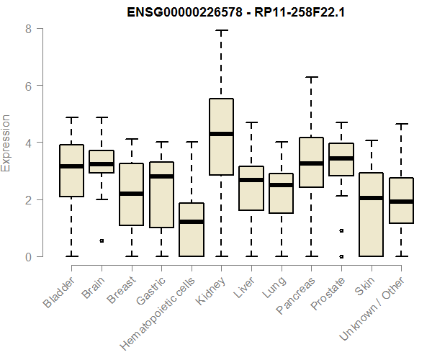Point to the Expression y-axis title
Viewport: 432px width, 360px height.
[x=6, y=143]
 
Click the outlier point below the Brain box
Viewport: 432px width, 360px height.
[x=102, y=240]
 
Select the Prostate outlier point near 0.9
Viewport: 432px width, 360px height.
[x=341, y=231]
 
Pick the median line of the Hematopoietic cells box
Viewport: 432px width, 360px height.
[x=192, y=222]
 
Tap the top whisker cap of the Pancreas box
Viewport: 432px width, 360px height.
[x=311, y=77]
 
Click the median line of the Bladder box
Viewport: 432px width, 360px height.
[x=71, y=166]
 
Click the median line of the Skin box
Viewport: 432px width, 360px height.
[x=371, y=198]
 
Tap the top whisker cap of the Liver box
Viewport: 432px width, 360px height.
[x=251, y=123]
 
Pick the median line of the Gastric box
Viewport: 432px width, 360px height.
[x=161, y=176]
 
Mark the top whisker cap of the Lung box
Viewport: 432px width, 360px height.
[x=281, y=143]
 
